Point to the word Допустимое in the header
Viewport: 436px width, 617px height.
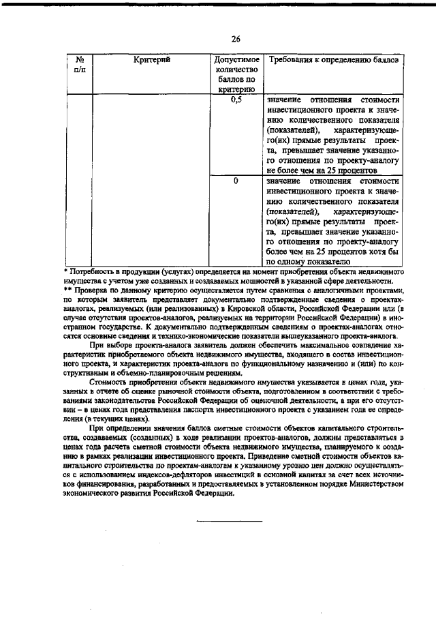point(236,60)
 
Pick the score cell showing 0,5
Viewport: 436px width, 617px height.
point(236,100)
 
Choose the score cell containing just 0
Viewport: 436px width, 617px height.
point(236,181)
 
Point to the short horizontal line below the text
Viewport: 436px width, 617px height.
point(230,521)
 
